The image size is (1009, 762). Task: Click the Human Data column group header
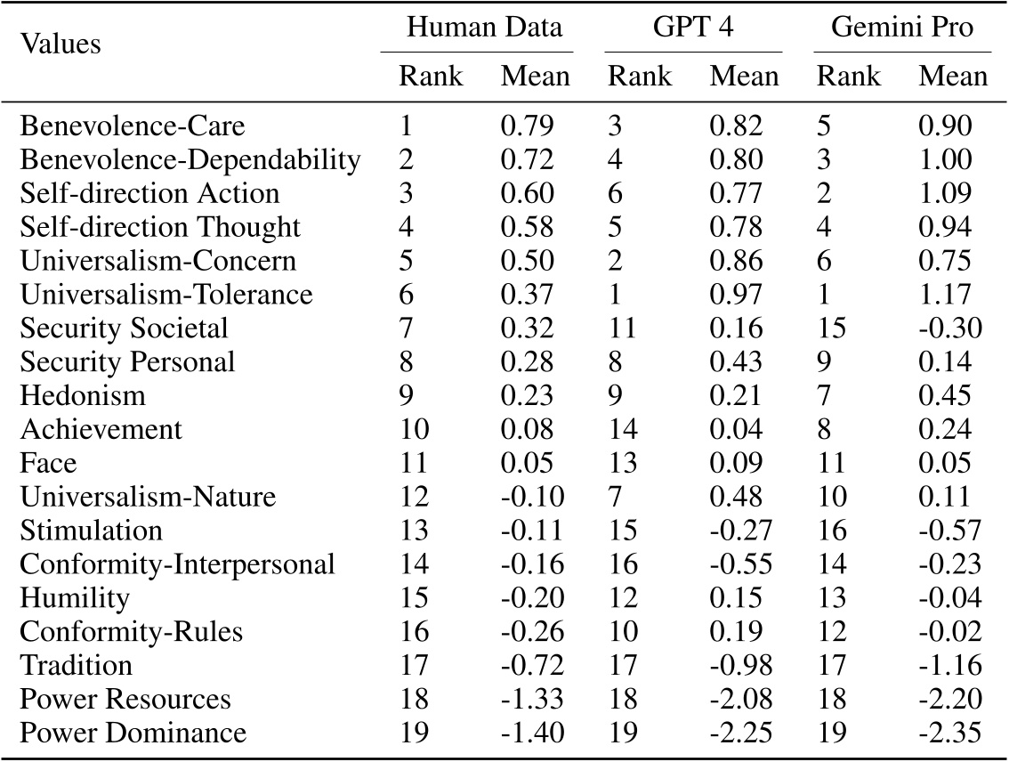click(484, 27)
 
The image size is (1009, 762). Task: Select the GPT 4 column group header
click(692, 27)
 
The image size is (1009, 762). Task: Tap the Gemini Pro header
click(901, 27)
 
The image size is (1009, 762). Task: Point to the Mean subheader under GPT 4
click(744, 77)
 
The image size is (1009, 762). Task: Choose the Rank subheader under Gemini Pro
click(849, 77)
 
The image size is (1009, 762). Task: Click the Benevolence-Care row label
click(132, 126)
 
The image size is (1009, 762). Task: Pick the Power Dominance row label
click(133, 734)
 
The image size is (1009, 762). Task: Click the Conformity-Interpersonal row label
click(177, 564)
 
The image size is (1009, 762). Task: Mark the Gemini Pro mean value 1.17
click(953, 295)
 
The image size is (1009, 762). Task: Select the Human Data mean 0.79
click(527, 126)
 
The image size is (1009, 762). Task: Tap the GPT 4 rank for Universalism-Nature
click(615, 497)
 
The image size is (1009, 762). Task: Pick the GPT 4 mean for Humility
click(744, 598)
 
